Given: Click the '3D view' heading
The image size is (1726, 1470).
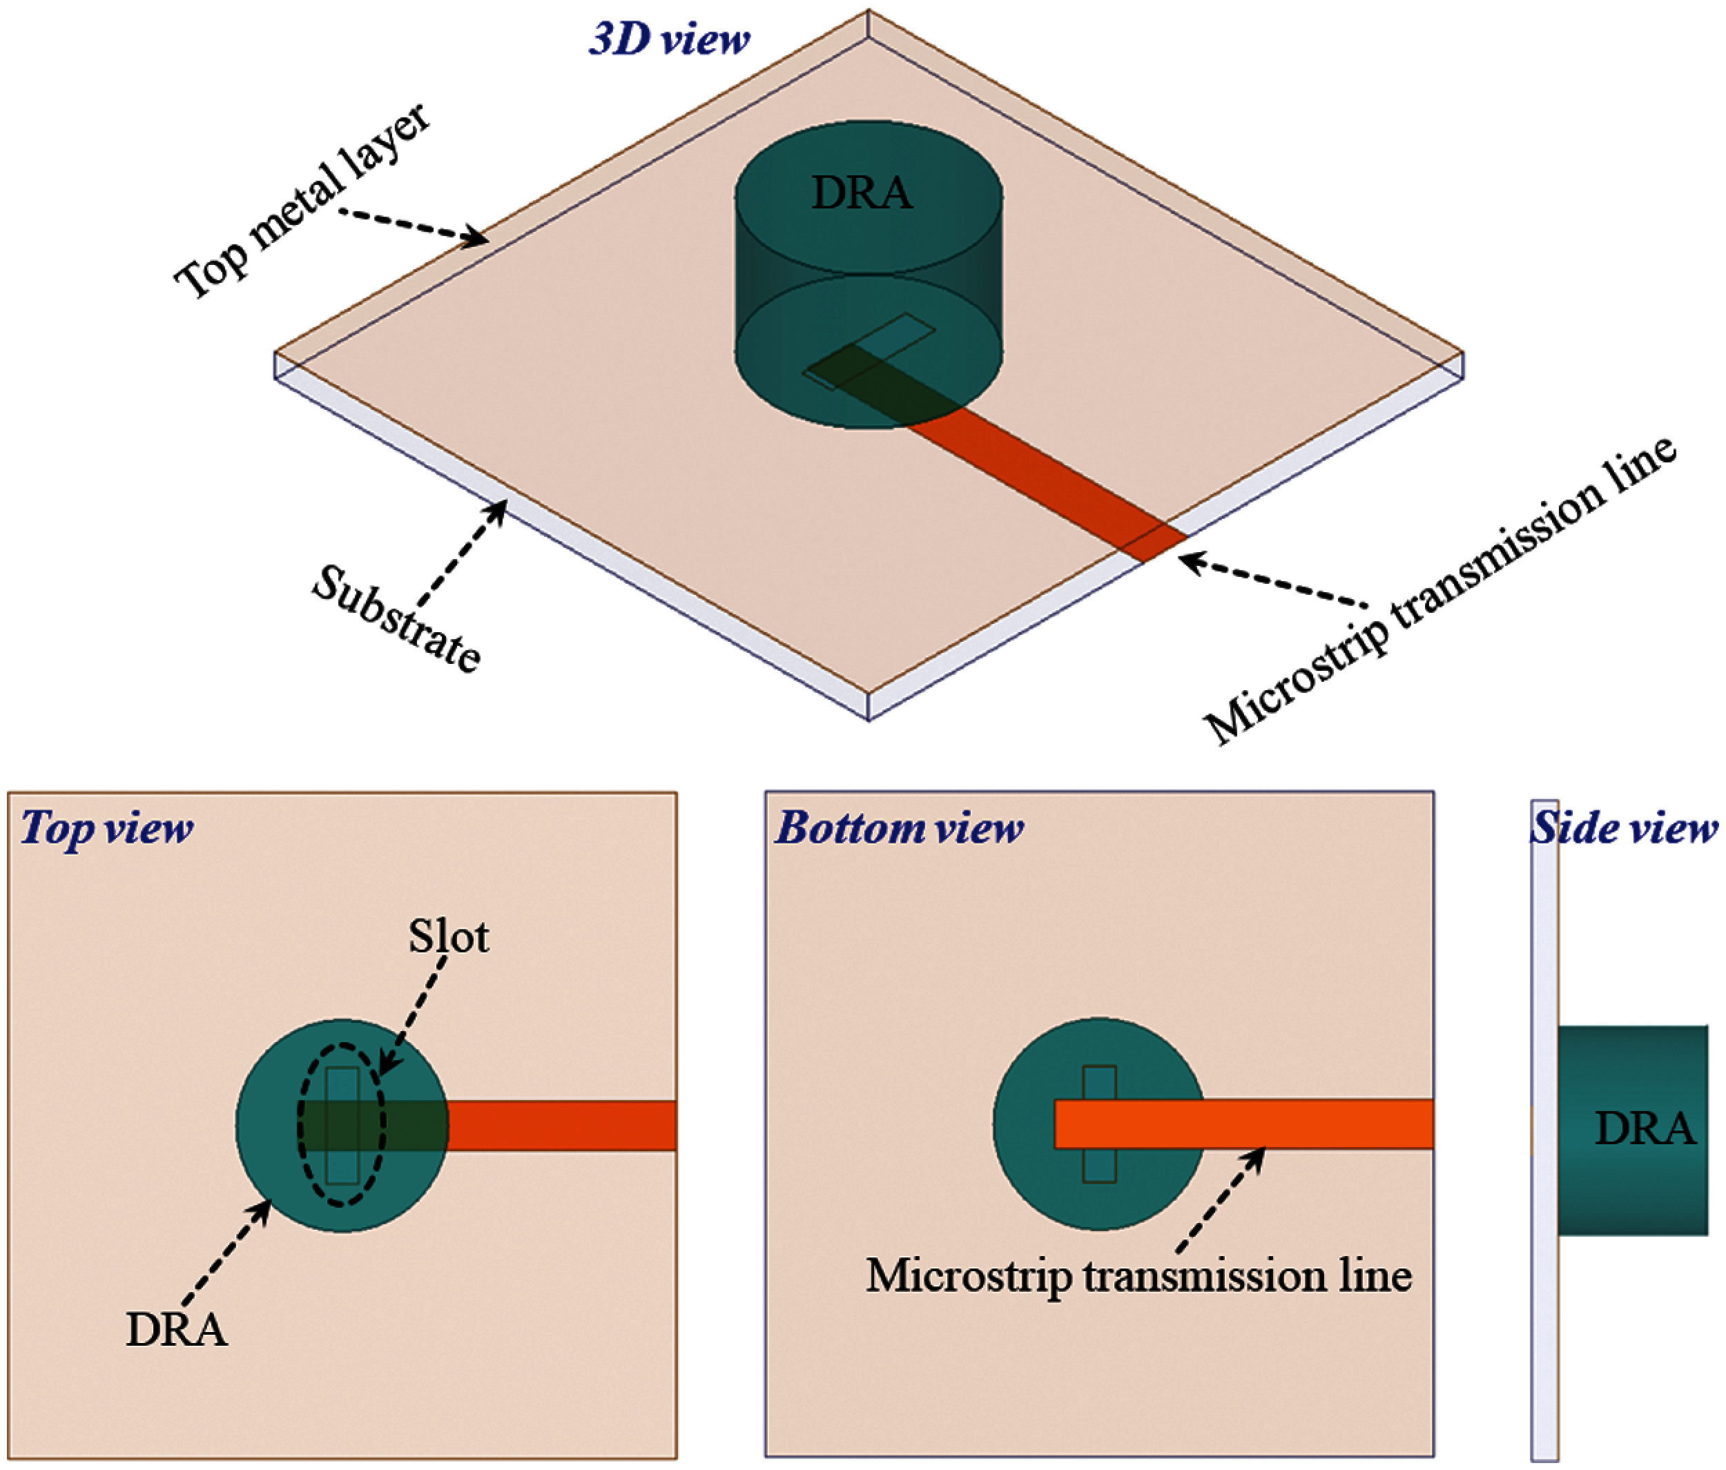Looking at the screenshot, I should point(669,39).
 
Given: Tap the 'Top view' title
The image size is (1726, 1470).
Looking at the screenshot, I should point(106,828).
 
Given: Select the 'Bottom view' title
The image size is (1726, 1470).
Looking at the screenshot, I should point(899,828).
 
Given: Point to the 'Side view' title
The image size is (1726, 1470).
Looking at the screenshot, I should point(1625,828).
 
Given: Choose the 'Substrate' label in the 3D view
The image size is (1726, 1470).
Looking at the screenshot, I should point(396,617).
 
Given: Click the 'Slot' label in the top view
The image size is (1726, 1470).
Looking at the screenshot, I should point(448,937).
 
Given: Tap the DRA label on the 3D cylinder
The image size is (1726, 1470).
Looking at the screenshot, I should point(862,193).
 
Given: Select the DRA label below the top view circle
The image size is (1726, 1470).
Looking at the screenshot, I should point(177,1329).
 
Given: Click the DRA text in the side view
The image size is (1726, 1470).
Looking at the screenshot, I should point(1645,1129).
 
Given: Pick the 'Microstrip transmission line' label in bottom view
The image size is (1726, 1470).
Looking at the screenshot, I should point(1138,1276).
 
